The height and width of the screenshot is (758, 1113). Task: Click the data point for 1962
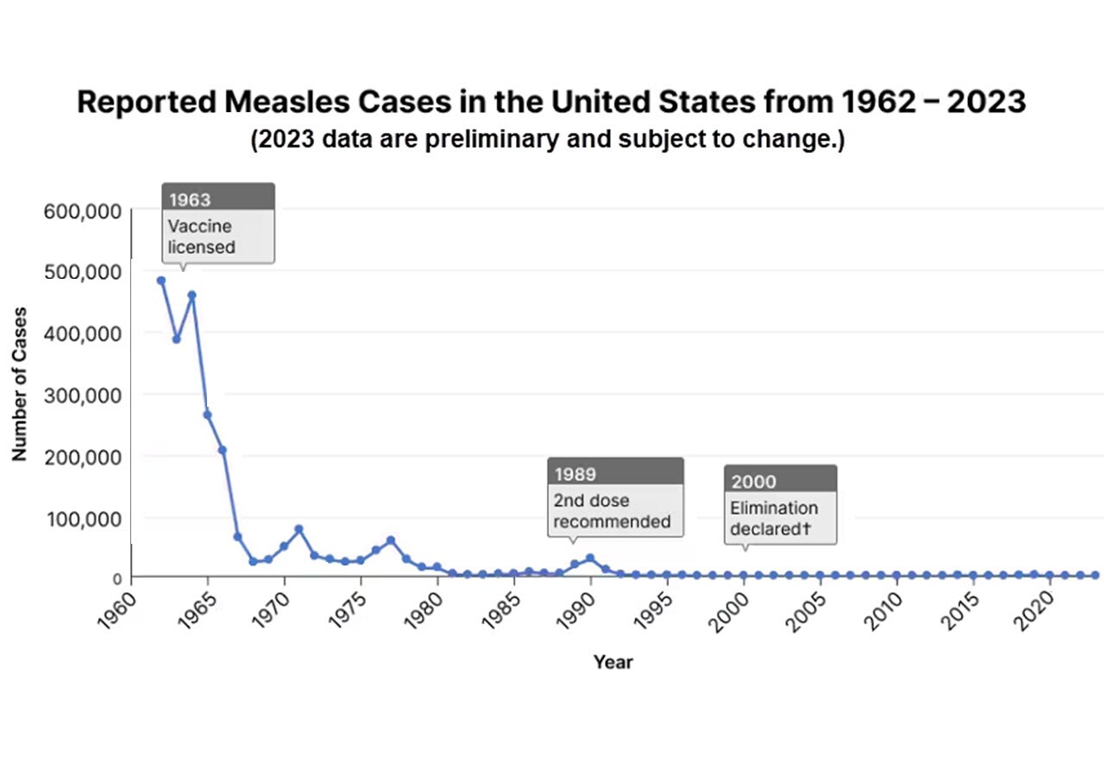pos(160,280)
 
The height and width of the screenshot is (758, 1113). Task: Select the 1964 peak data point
pos(192,295)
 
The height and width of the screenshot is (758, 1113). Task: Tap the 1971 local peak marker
pos(299,529)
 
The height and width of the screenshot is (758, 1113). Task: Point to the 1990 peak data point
pos(590,558)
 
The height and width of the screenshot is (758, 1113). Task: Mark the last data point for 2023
pos(1095,575)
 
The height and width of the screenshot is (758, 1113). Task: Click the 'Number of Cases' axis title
pos(19,383)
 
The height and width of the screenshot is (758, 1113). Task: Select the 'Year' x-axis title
pos(613,662)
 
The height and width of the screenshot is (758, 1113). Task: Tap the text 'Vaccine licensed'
pos(202,236)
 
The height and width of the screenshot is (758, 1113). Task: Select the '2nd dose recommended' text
pos(611,511)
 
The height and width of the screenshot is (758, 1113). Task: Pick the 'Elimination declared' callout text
pos(774,518)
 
